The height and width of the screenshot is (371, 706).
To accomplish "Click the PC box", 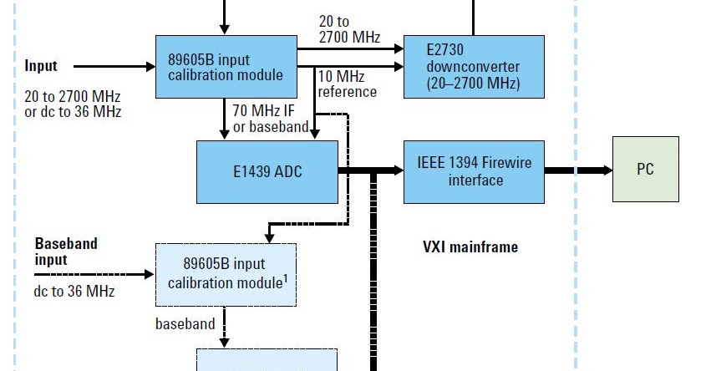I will (x=645, y=170).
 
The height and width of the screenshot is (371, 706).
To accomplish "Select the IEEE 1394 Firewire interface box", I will (x=474, y=171).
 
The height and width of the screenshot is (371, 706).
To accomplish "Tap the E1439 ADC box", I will (x=267, y=172).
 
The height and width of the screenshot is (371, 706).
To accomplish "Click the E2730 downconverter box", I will (x=474, y=67).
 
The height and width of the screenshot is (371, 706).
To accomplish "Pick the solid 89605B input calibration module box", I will (x=226, y=67).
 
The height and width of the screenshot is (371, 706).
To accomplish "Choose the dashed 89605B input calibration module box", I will (x=226, y=275).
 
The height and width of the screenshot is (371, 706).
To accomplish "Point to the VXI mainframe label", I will (x=470, y=247).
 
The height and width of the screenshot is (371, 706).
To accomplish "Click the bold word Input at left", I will (x=41, y=66).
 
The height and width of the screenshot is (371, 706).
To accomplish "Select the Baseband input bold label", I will (x=65, y=252).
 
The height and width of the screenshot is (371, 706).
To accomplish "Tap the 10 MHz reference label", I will (x=347, y=84).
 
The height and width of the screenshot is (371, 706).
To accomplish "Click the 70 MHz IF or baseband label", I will (x=271, y=117).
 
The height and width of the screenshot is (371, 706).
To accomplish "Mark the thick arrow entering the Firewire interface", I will (x=372, y=170).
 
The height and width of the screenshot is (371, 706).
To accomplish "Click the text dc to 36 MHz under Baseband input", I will (x=74, y=291).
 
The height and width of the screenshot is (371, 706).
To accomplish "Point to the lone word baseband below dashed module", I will (x=185, y=323).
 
